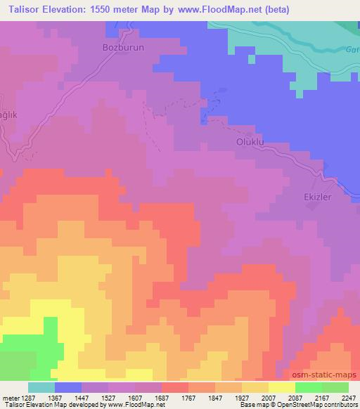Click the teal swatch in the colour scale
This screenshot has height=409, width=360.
[x=41, y=387]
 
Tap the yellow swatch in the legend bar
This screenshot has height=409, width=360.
[x=281, y=387]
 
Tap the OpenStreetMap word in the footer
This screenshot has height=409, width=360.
[x=304, y=405]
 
